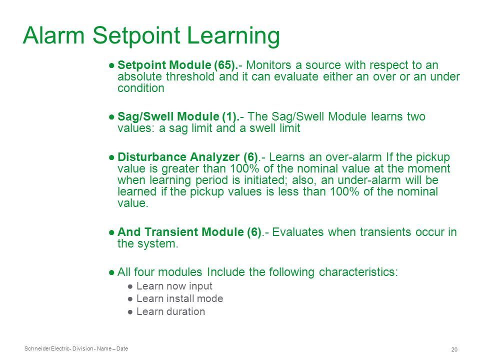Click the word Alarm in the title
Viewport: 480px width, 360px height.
tap(53, 35)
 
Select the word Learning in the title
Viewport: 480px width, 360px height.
tap(233, 36)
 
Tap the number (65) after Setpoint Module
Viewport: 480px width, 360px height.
tap(225, 65)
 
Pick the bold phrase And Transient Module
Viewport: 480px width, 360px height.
tap(180, 232)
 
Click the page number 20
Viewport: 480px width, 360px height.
tap(454, 349)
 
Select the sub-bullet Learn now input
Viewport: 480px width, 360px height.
tap(174, 286)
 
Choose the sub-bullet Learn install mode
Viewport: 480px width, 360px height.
tap(179, 298)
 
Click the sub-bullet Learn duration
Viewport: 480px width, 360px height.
tap(170, 311)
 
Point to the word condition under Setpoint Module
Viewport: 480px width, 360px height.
tap(141, 88)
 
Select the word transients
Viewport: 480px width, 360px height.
tap(385, 232)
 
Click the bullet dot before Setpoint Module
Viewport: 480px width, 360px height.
tap(111, 65)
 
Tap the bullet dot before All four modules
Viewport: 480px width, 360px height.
tap(111, 272)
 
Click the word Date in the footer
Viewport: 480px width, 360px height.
tap(122, 348)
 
